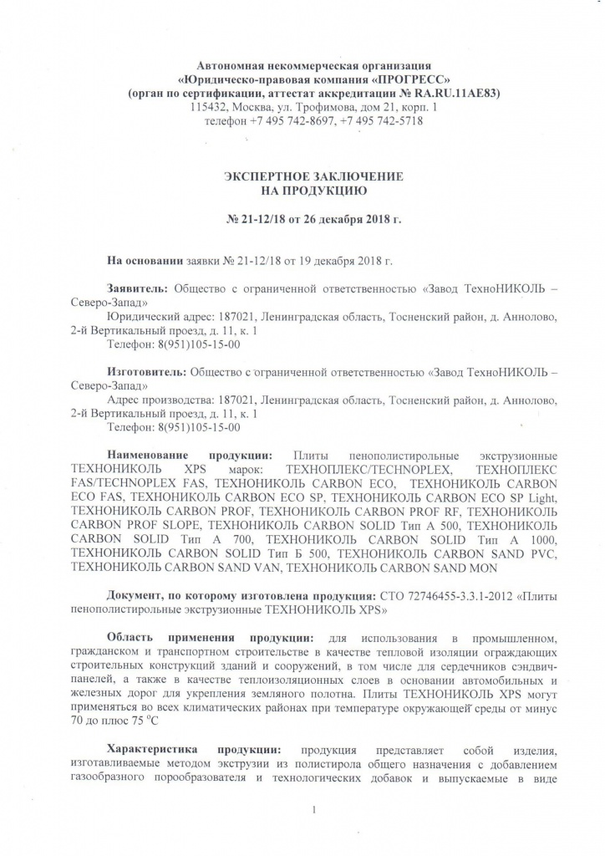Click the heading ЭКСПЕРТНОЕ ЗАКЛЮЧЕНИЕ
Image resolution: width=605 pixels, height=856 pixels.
pyautogui.click(x=313, y=177)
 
